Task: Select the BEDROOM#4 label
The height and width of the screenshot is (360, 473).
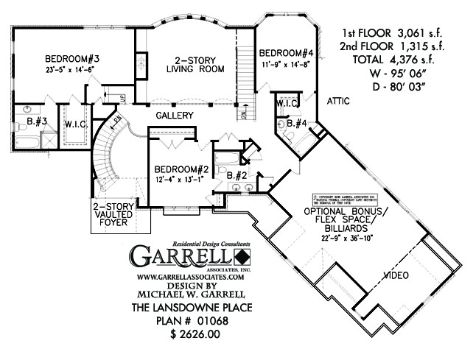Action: (287, 53)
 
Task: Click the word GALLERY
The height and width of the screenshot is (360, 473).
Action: (175, 116)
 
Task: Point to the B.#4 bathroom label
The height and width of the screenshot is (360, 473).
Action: (297, 123)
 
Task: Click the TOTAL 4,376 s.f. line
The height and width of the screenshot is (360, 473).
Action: (388, 59)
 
